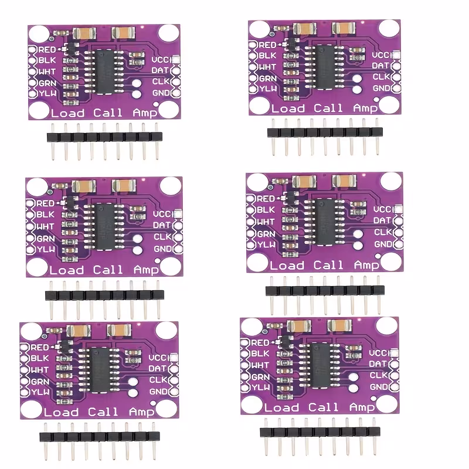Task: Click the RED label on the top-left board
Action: point(47,50)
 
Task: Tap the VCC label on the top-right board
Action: point(382,55)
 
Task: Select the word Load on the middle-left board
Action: point(66,270)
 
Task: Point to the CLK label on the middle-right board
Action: point(383,232)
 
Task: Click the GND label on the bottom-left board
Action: point(158,391)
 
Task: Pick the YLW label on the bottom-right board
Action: point(261,388)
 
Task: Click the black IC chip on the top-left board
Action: point(104,72)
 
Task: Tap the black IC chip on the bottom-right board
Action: point(320,365)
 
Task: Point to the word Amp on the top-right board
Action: point(365,108)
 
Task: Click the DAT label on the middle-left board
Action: point(162,225)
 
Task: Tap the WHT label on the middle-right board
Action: point(266,222)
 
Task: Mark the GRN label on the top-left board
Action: point(47,83)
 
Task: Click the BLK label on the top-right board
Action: point(267,56)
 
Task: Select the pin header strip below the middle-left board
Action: point(104,300)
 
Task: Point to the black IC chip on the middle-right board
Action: point(325,222)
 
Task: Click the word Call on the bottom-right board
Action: point(324,407)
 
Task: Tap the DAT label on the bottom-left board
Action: point(157,369)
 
